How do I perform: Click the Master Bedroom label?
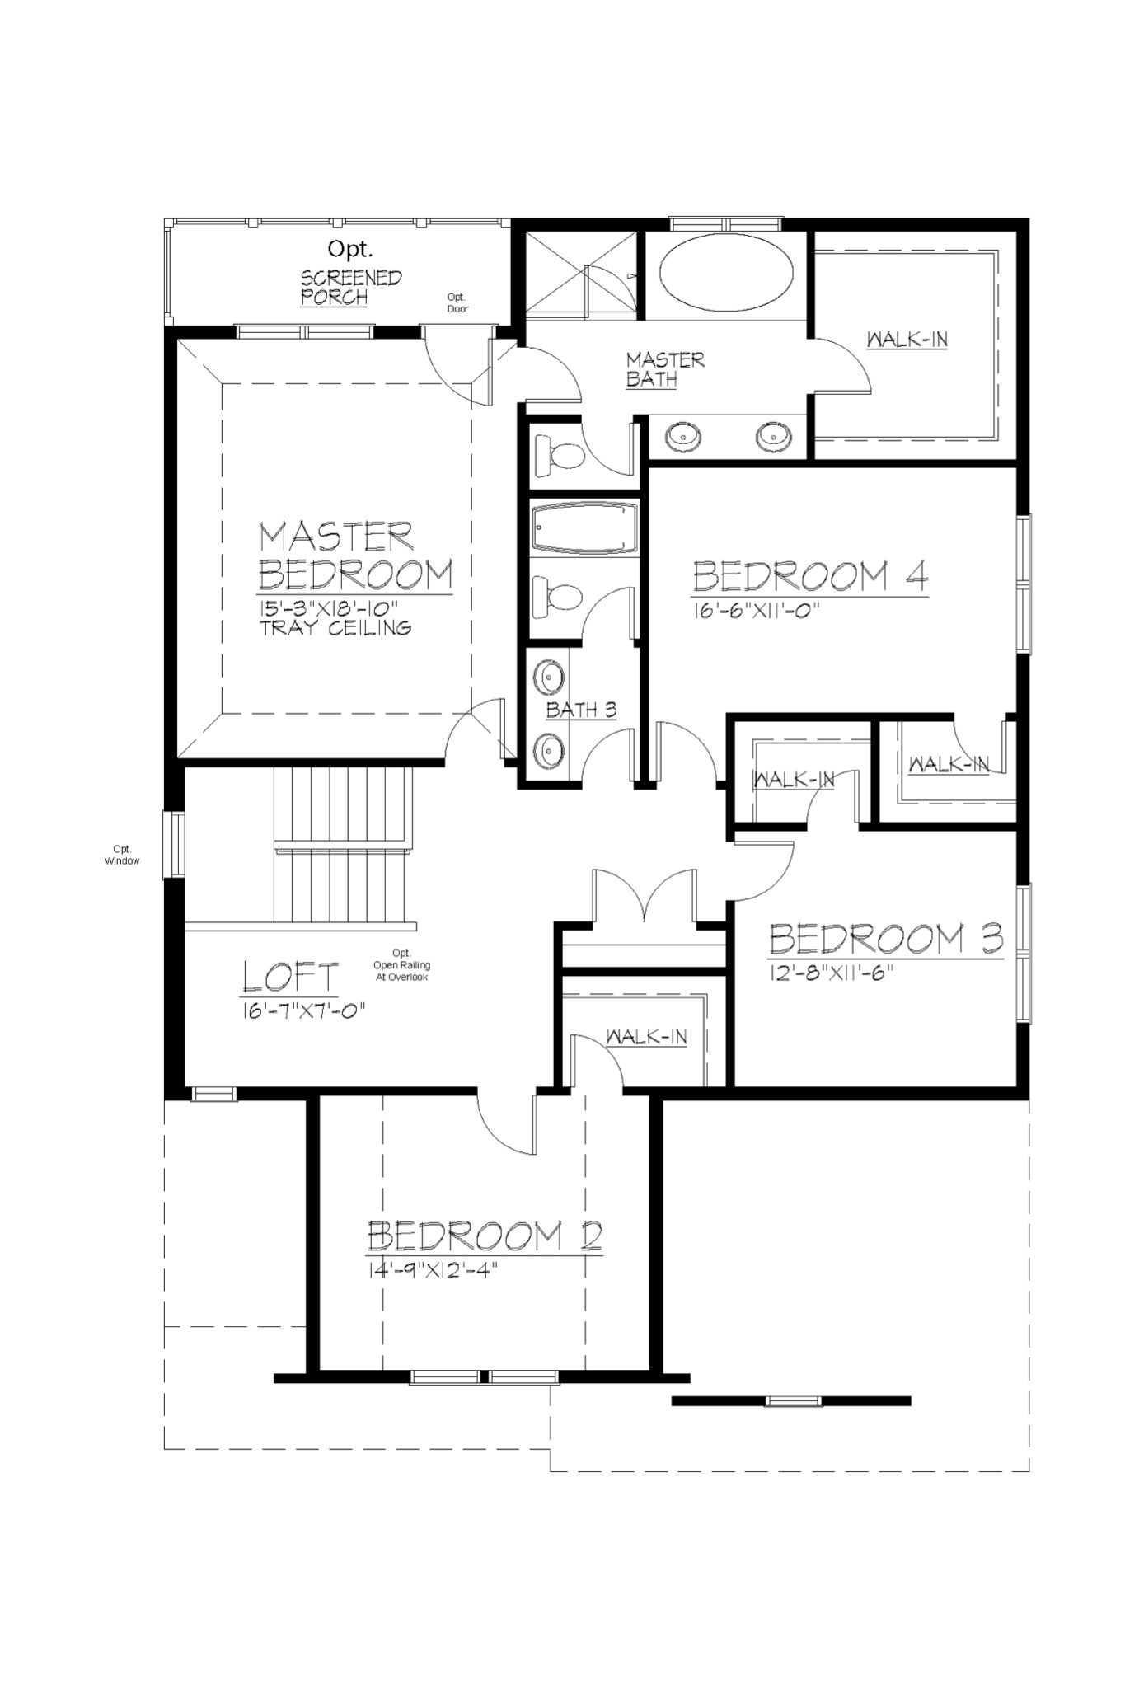pos(354,556)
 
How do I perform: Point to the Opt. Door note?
pos(457,302)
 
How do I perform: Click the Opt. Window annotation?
pos(122,855)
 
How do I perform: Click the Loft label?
pos(290,977)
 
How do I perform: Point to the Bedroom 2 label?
pos(484,1236)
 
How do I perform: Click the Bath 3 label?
pos(581,710)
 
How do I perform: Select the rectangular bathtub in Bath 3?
pos(584,527)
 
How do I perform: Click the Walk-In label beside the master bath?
pos(907,339)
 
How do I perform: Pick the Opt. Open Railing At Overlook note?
pos(401,965)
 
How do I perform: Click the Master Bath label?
pos(664,368)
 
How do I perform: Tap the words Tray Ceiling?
pos(335,628)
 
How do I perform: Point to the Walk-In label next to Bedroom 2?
pos(646,1037)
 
